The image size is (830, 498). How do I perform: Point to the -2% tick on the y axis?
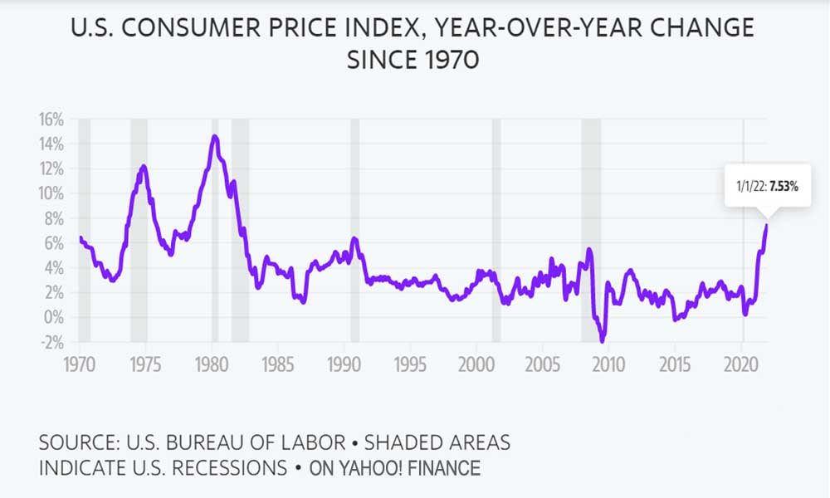51,341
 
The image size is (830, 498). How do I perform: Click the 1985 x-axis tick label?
277,364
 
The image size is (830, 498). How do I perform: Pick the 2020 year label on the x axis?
741,364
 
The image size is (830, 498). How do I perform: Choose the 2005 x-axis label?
542,364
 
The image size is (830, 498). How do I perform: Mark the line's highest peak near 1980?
215,136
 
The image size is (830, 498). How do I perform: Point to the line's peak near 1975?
144,166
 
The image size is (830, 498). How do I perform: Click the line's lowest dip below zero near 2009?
603,340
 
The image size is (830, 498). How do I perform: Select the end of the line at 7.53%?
767,225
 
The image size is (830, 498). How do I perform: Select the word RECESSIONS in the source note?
220,468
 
